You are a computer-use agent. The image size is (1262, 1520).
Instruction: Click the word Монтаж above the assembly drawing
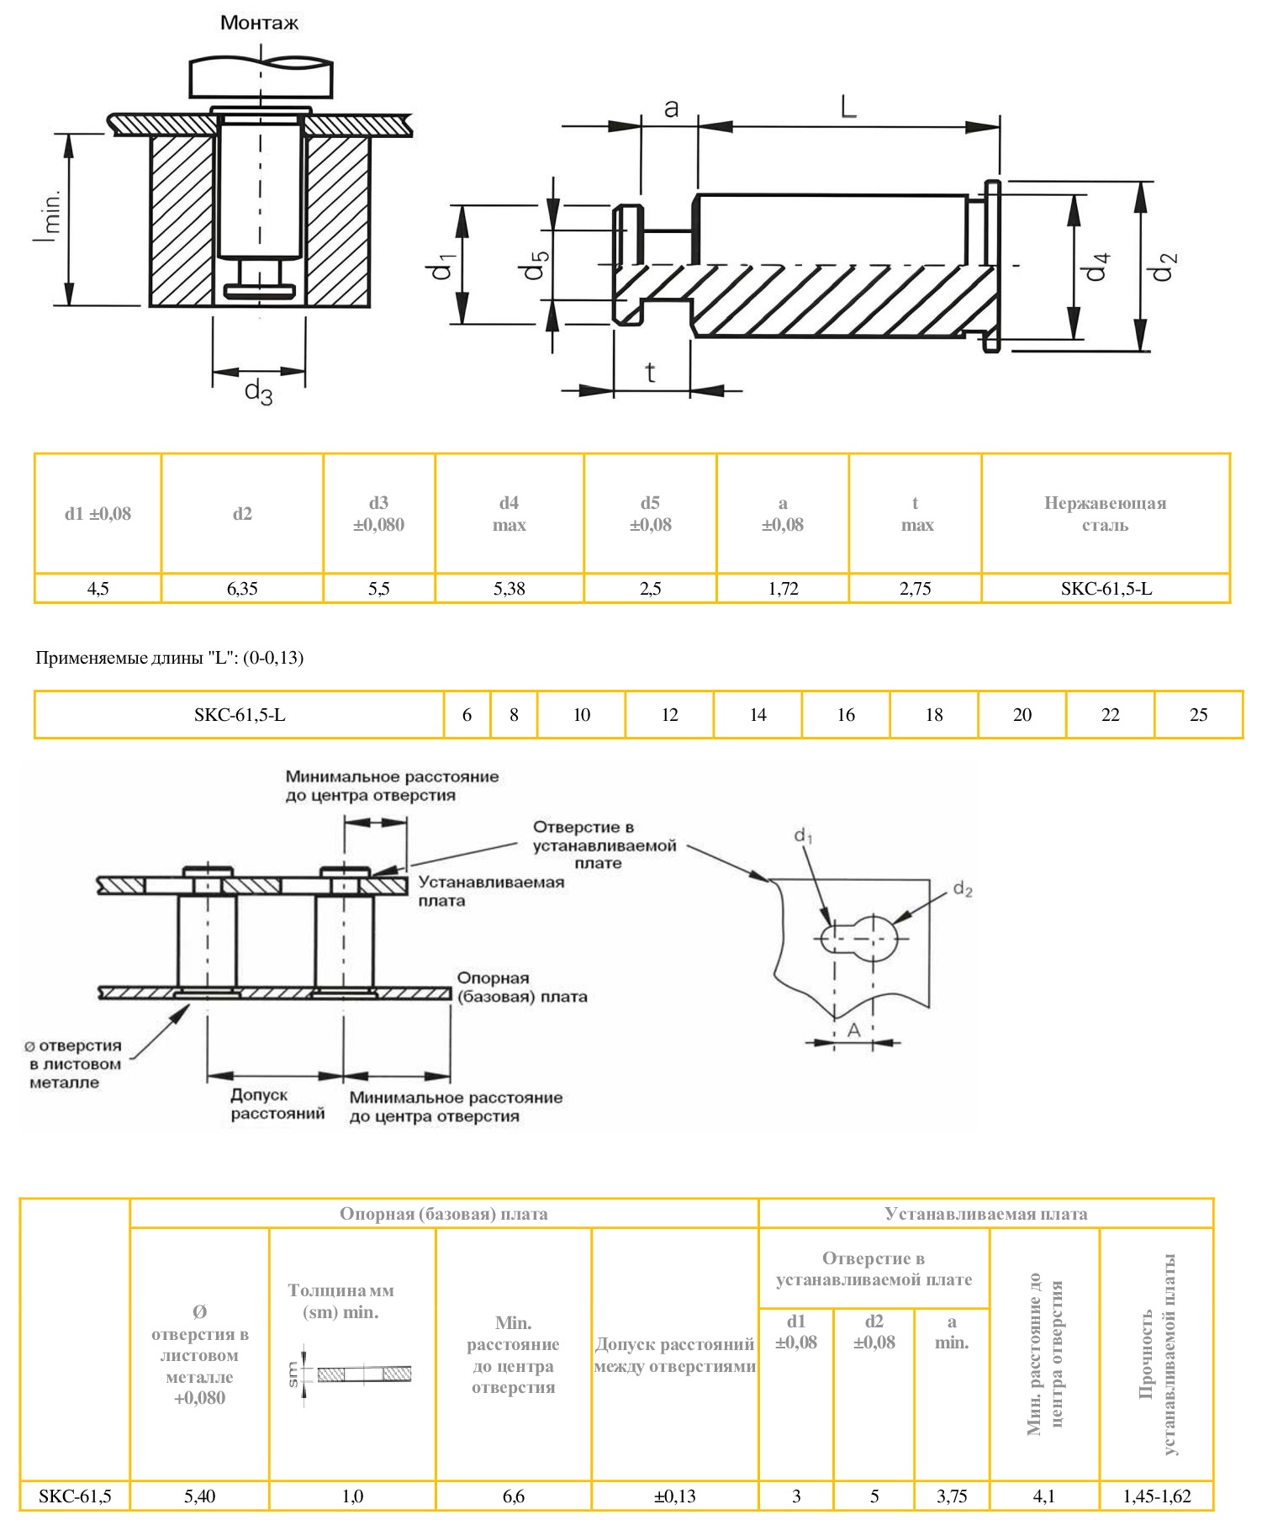pos(259,23)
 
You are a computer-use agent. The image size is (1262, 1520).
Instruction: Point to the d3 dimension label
pos(258,392)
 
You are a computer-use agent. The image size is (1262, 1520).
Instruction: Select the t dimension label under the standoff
pos(651,372)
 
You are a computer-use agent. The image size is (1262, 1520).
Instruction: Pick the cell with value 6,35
pos(242,589)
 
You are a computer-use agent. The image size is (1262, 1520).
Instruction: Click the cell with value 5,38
pos(509,589)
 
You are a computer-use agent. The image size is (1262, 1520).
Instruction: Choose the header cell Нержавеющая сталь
pos(1105,514)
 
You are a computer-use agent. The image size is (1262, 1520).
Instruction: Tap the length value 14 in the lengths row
pos(758,715)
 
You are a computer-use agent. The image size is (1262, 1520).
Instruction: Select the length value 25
pos(1198,715)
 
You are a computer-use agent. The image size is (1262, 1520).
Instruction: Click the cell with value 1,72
pos(783,589)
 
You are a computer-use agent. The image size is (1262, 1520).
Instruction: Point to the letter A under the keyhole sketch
pos(853,1030)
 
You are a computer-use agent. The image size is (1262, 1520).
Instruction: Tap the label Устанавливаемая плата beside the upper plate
pos(491,892)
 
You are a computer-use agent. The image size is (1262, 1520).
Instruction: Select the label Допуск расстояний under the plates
pos(277,1104)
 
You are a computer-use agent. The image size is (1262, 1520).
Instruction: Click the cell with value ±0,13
pos(674,1496)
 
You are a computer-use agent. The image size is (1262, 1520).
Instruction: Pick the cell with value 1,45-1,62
pos(1157,1496)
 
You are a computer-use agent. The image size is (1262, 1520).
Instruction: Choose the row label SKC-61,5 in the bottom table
pos(75,1496)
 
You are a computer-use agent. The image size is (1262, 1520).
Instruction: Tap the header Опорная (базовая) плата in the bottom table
pos(443,1214)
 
